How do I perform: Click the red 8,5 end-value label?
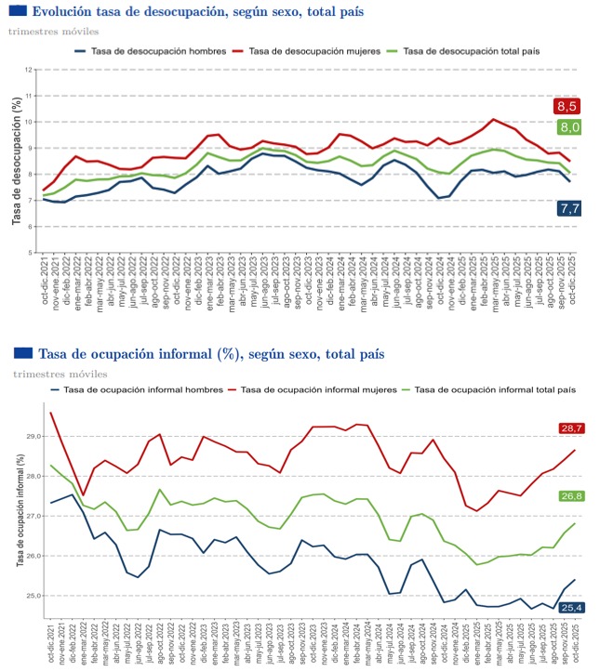point(567,107)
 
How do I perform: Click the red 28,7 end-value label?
point(569,428)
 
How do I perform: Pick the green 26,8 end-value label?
point(570,496)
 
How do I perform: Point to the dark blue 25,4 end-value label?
point(570,607)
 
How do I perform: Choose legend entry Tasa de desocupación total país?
point(467,50)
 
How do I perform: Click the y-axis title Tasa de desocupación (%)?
point(16,160)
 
